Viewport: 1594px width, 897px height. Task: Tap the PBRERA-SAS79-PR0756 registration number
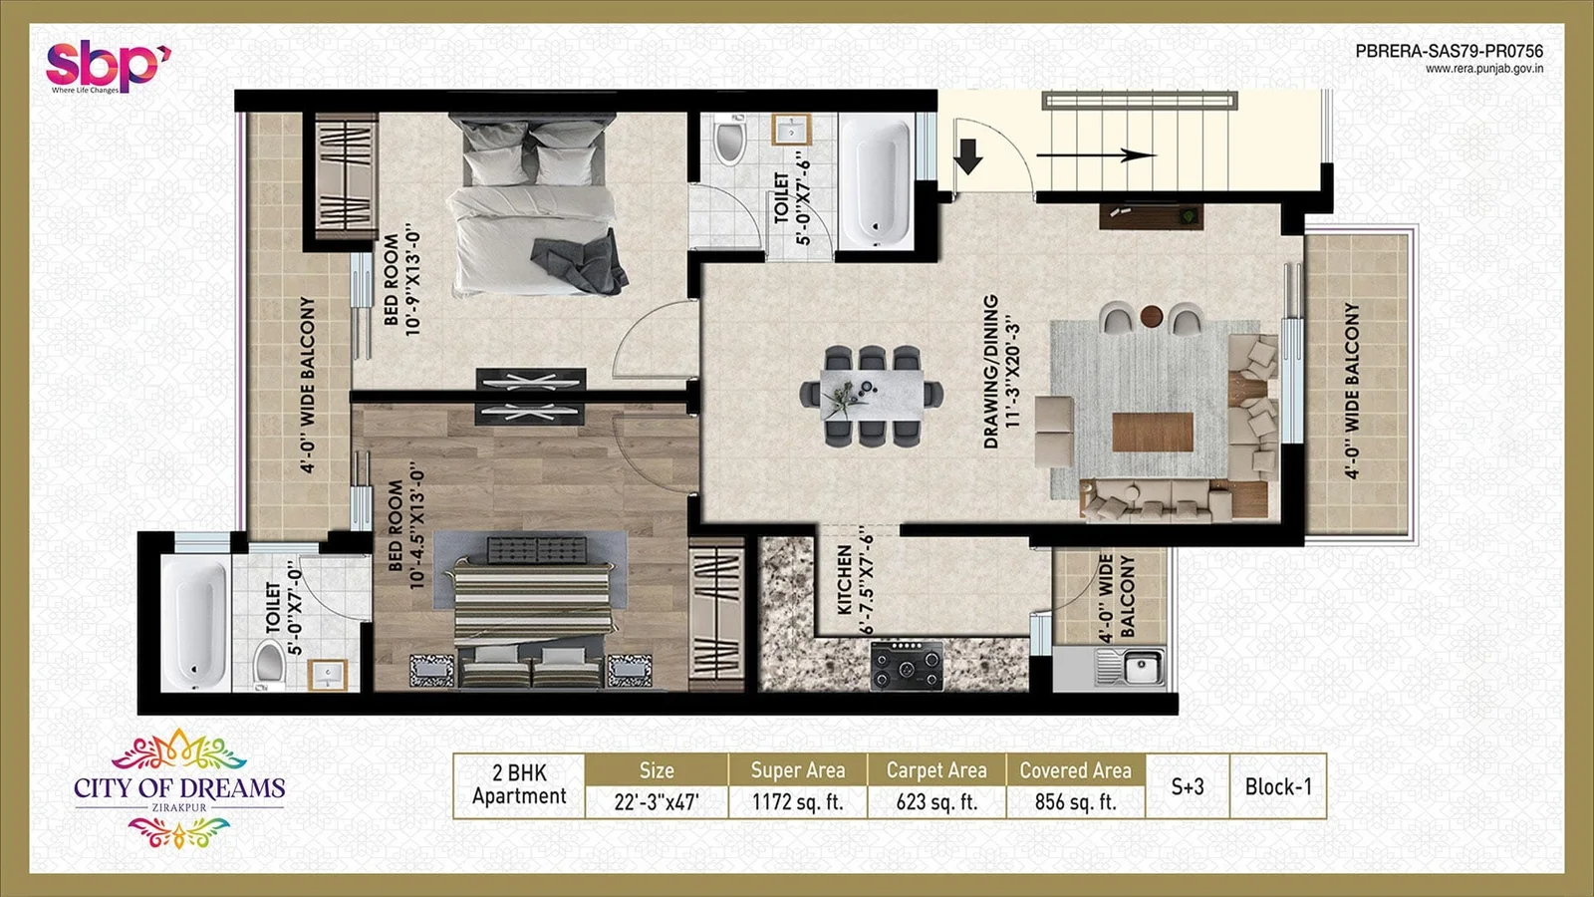[1449, 51]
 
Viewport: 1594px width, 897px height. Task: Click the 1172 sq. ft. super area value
[797, 802]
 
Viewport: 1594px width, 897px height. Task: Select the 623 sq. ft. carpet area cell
[936, 802]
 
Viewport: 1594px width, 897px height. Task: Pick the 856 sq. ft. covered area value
[1075, 802]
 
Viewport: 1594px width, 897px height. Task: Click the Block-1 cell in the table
[1278, 786]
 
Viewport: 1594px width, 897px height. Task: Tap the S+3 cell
[1188, 786]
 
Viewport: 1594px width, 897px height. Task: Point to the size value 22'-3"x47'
[656, 802]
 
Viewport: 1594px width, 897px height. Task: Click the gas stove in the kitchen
[907, 666]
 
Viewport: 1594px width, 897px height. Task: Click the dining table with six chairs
[873, 395]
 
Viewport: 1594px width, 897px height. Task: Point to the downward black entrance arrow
[968, 156]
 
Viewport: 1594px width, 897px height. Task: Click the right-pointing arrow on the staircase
[1096, 155]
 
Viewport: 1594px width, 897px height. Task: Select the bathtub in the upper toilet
[876, 182]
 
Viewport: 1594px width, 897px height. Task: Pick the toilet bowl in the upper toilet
[730, 142]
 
